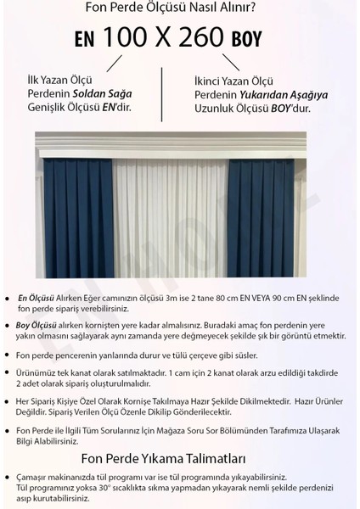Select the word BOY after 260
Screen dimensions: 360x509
tap(249, 40)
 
